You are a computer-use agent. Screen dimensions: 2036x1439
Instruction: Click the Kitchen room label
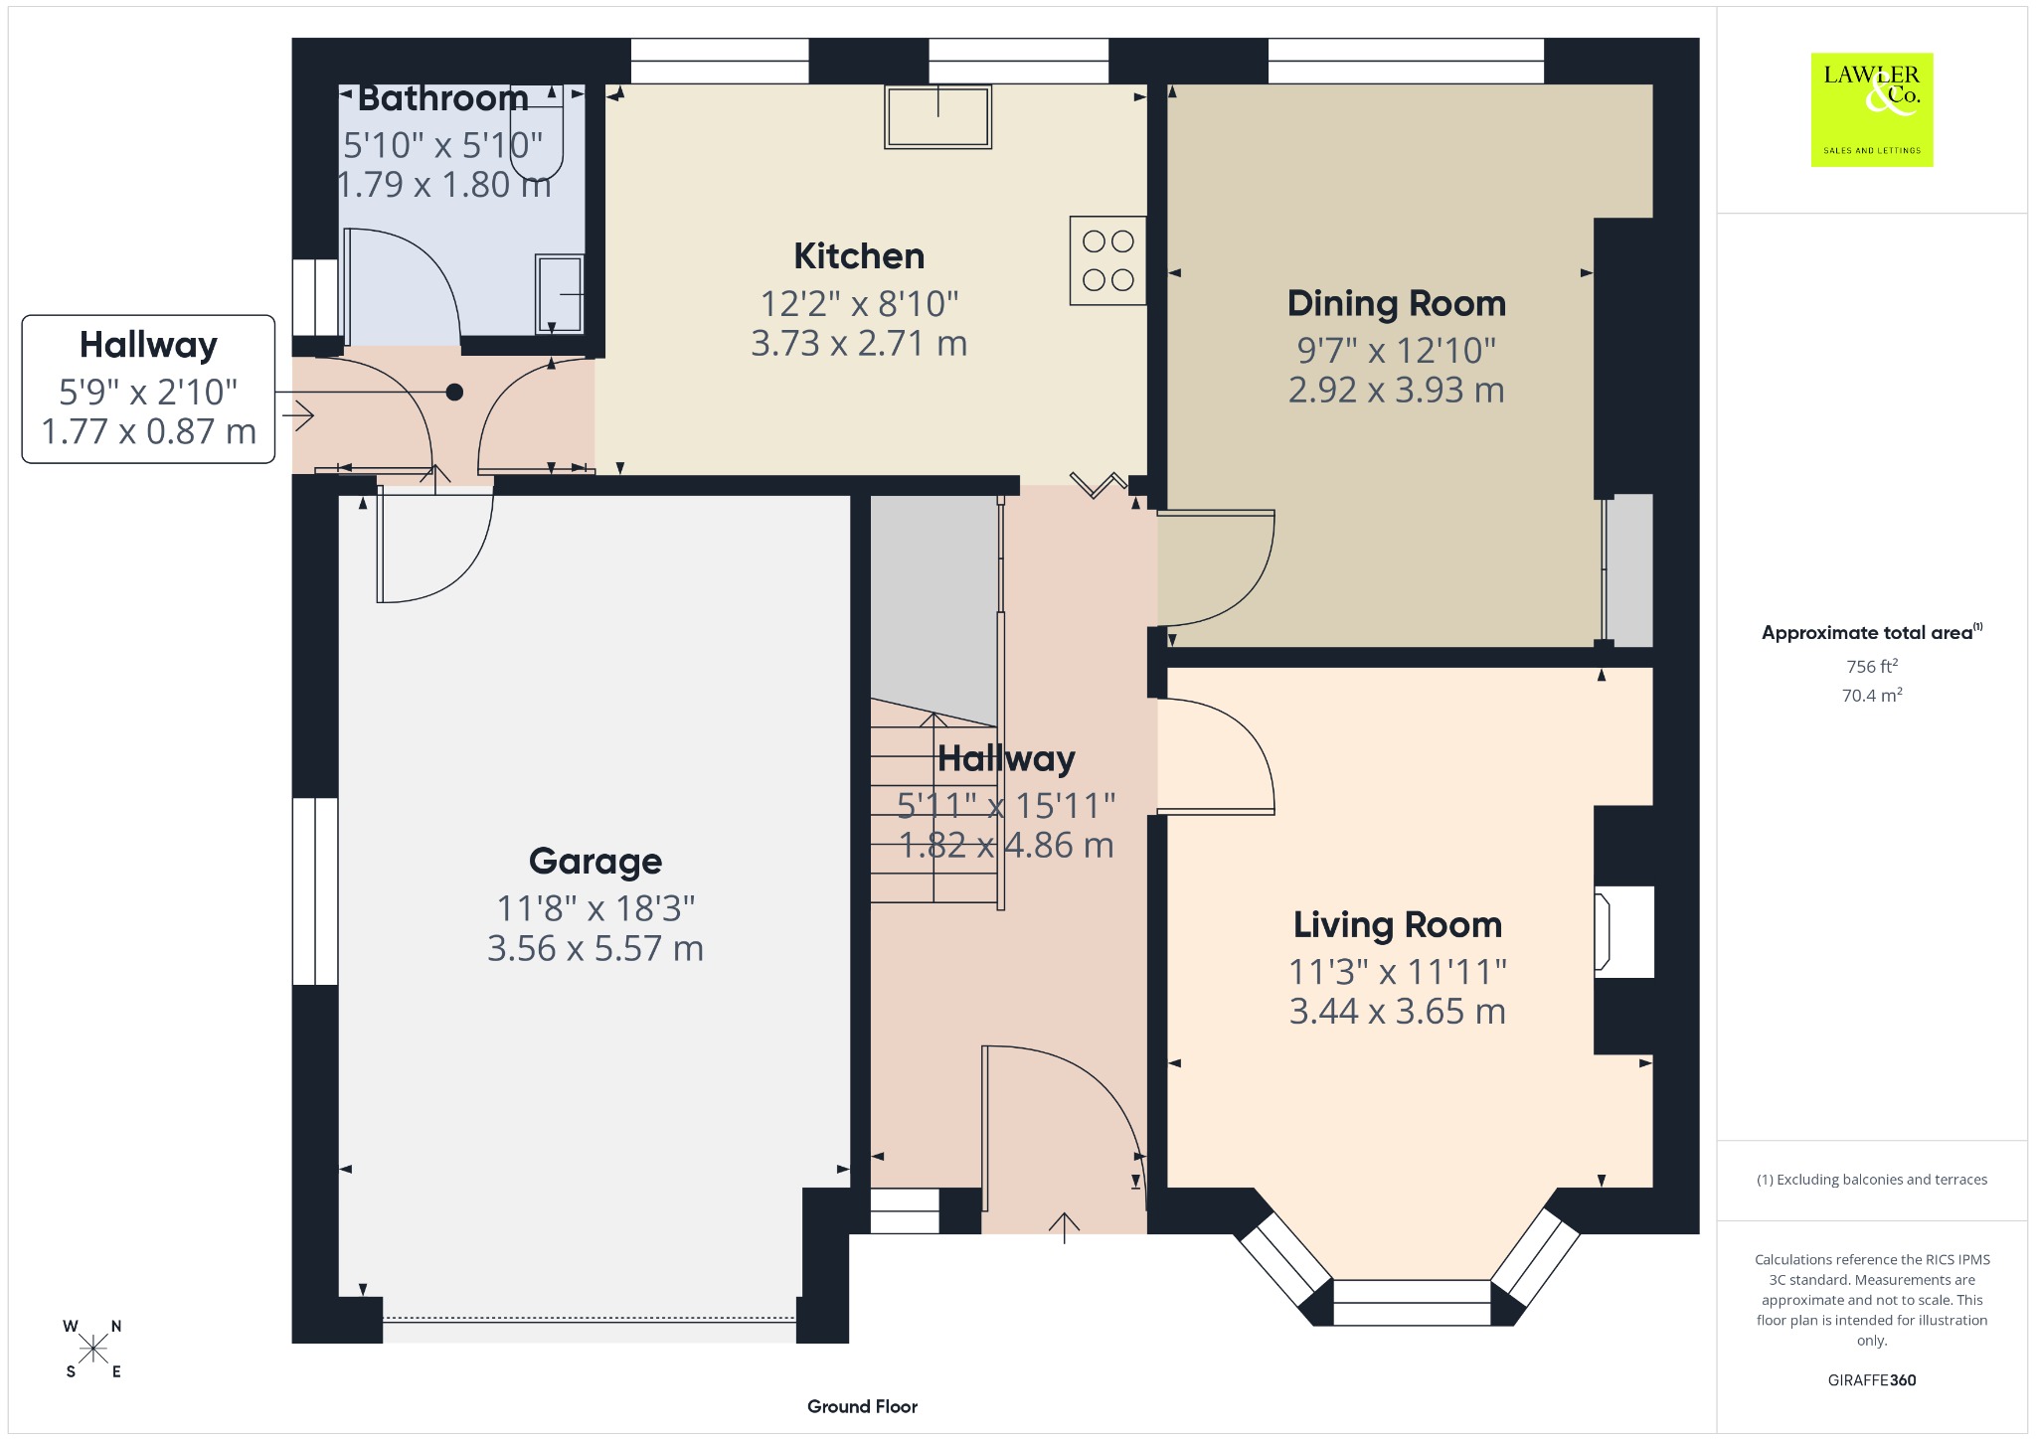(x=859, y=256)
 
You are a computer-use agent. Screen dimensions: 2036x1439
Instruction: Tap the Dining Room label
(x=1397, y=303)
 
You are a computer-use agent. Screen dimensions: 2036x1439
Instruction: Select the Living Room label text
(x=1397, y=925)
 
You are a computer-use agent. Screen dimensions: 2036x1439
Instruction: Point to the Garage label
(x=595, y=862)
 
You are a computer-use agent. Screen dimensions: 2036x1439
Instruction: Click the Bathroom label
(x=443, y=98)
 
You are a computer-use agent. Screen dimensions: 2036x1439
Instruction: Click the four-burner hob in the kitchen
(x=1107, y=259)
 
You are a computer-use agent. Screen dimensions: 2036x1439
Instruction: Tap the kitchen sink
(x=937, y=117)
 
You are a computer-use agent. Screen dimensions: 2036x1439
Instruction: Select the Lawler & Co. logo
(x=1872, y=109)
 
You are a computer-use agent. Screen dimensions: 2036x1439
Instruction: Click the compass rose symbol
(x=93, y=1349)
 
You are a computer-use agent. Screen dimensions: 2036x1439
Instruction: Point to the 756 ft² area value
(x=1872, y=666)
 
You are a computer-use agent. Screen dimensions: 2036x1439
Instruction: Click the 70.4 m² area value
(x=1872, y=695)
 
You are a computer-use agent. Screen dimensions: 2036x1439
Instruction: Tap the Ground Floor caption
(x=862, y=1406)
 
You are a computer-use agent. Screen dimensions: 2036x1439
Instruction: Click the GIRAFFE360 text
(x=1872, y=1379)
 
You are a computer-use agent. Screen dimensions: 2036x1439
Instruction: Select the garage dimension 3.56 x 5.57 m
(x=595, y=949)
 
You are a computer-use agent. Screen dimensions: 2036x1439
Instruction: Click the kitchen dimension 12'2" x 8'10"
(x=859, y=304)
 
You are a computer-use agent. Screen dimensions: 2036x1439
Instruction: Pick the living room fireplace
(x=1623, y=931)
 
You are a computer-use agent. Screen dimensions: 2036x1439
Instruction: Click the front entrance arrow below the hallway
(x=1065, y=1227)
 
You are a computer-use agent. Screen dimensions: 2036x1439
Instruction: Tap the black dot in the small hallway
(x=454, y=393)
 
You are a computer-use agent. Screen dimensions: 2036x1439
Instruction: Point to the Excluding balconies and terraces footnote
(x=1872, y=1180)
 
